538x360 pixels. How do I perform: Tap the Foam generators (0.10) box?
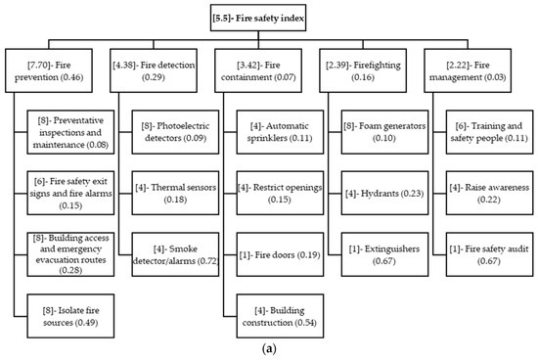click(x=390, y=132)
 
